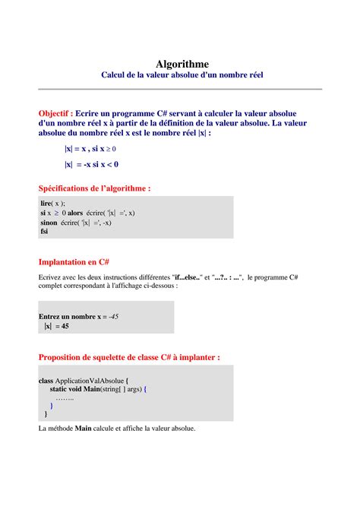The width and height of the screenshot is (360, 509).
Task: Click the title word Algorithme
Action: tap(182, 64)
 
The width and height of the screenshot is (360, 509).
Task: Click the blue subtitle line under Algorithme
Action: tap(182, 76)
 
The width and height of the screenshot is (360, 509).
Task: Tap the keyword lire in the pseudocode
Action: tap(47, 204)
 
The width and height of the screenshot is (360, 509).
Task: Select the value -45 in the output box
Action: tap(112, 316)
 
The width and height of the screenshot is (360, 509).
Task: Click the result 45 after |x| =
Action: tap(65, 326)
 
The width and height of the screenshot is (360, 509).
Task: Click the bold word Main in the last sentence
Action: tap(83, 428)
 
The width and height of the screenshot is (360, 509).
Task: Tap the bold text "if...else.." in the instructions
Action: tap(187, 278)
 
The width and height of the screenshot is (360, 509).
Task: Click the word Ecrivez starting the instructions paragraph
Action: tap(52, 278)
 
